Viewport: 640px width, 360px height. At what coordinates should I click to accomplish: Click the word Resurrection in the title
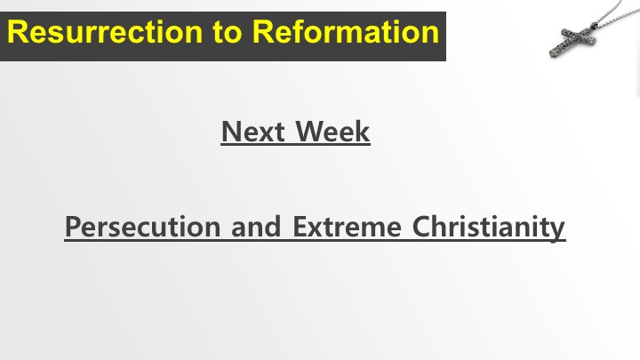(x=105, y=32)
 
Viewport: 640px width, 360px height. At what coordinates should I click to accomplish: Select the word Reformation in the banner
(x=346, y=32)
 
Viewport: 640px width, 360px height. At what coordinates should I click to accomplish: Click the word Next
(x=253, y=132)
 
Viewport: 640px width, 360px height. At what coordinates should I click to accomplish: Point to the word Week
(x=332, y=132)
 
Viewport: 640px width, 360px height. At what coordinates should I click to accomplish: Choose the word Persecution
(x=143, y=227)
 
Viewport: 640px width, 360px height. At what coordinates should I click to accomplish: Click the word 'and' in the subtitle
(x=256, y=227)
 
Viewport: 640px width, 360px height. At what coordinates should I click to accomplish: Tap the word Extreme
(x=347, y=227)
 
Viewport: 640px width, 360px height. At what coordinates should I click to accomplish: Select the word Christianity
(x=489, y=227)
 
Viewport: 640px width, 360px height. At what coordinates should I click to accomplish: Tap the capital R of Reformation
(x=262, y=32)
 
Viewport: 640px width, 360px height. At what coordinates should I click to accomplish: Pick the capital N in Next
(x=230, y=132)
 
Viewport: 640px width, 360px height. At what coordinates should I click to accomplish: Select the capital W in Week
(x=309, y=132)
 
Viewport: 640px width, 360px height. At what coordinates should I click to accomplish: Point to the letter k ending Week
(x=363, y=131)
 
